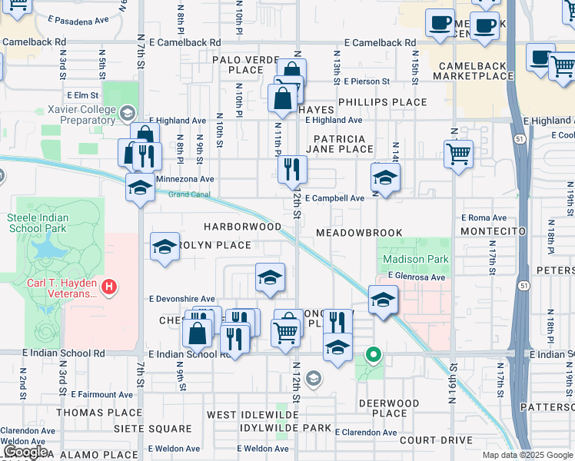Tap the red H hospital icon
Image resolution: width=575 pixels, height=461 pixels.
[110, 288]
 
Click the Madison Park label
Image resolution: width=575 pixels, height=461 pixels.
[404, 260]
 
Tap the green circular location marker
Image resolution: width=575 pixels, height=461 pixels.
[374, 354]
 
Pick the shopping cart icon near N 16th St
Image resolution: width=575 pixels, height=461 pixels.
[458, 153]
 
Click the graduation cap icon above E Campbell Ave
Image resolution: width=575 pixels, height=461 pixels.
[385, 177]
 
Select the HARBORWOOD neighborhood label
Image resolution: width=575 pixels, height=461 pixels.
[242, 227]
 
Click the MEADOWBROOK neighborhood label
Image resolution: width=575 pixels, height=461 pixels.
[359, 233]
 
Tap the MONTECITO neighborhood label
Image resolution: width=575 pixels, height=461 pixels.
[492, 231]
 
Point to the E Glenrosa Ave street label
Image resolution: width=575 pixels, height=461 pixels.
[416, 277]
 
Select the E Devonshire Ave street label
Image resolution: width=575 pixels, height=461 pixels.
[182, 298]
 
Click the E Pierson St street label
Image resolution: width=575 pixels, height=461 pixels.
[367, 81]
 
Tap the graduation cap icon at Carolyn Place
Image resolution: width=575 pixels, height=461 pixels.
[165, 247]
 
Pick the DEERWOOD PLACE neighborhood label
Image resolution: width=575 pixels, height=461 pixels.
[389, 407]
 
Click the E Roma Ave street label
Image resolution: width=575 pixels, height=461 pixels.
[484, 218]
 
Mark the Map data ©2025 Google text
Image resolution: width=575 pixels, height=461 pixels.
[527, 455]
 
